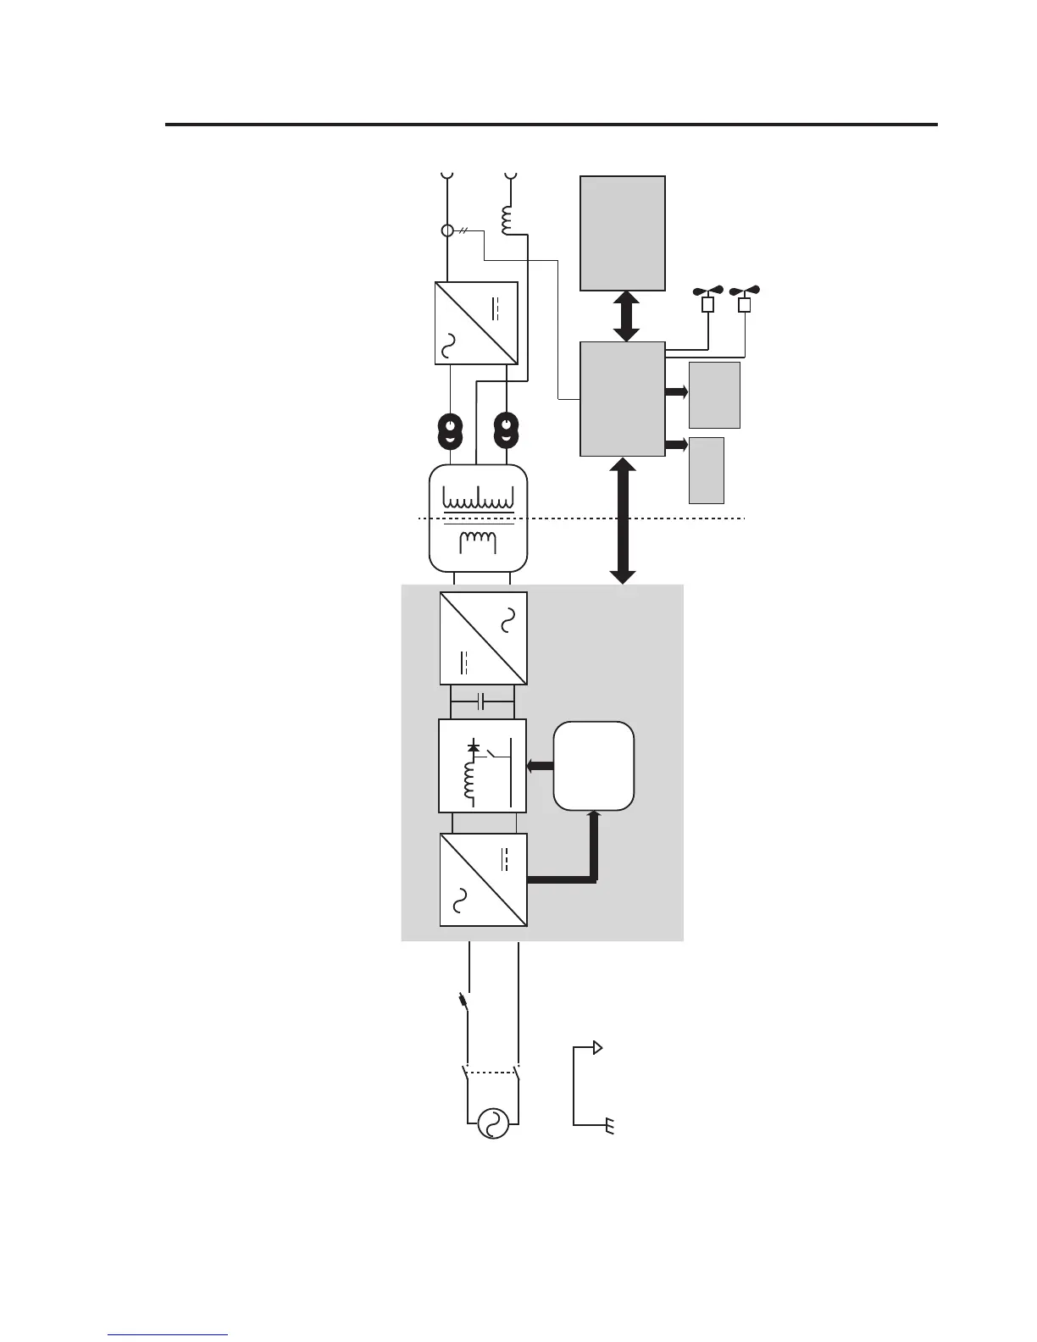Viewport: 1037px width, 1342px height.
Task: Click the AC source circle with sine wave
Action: pos(493,1123)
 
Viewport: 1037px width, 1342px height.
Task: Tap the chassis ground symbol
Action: pos(609,1126)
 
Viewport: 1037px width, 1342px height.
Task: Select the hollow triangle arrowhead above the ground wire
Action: pos(598,1048)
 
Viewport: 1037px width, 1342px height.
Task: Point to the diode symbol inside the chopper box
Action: pos(474,747)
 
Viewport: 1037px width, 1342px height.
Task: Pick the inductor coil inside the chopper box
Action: pos(468,779)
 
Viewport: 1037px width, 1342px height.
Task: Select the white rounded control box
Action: pos(593,766)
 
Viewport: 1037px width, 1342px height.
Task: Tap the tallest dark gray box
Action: pos(623,232)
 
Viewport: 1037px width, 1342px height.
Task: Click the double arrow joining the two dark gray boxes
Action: pos(626,316)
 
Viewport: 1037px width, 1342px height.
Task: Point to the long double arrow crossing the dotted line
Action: pos(623,520)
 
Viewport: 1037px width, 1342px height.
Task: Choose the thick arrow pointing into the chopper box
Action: pos(540,766)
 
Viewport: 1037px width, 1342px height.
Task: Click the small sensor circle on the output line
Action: pos(447,230)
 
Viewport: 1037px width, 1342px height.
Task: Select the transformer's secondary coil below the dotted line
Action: pos(477,541)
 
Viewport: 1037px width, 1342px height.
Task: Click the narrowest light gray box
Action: pos(707,470)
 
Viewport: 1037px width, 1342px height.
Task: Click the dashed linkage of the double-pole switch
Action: pos(491,1073)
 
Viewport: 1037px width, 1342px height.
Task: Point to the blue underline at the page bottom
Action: pos(169,1334)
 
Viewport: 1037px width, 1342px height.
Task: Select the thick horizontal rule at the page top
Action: pos(551,125)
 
